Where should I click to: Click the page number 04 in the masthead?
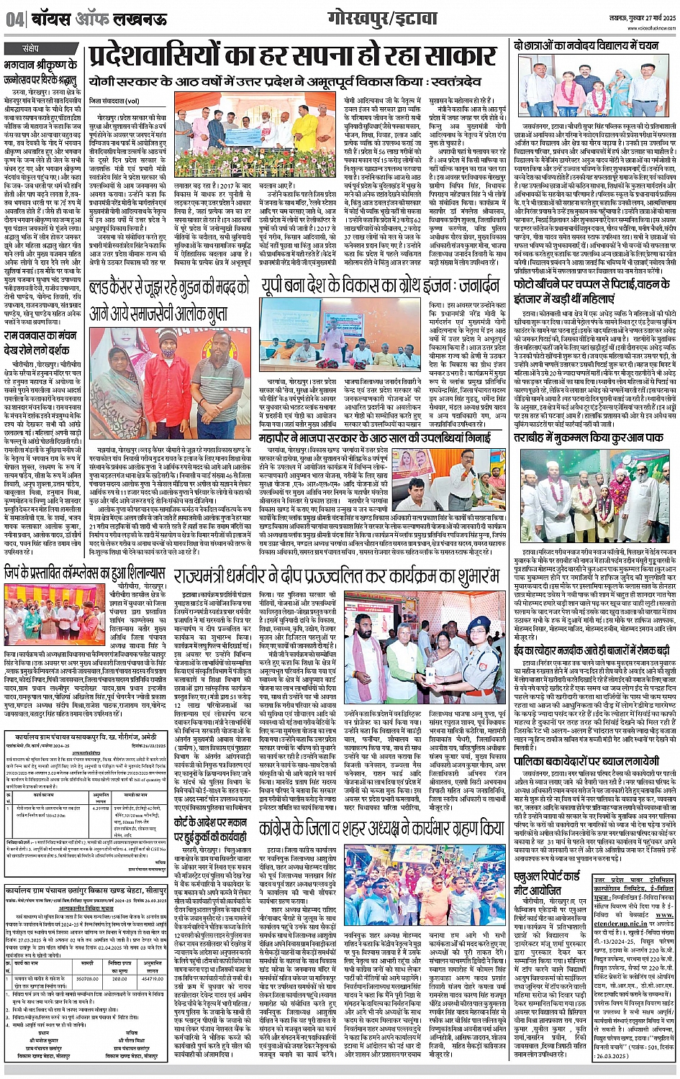click(x=14, y=19)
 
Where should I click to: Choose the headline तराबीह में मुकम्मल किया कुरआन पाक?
click(x=594, y=438)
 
